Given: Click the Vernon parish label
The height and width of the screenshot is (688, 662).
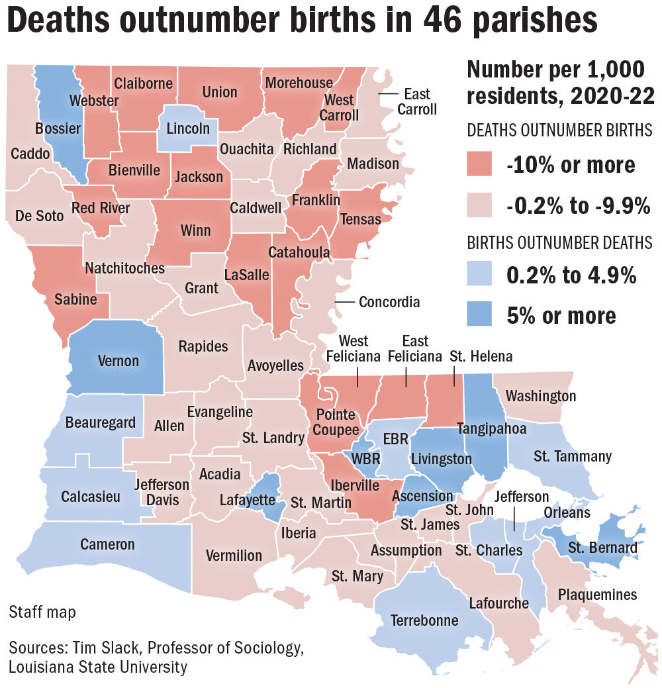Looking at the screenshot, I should tap(118, 361).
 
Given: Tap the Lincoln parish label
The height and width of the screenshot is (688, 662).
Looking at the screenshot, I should tap(188, 128).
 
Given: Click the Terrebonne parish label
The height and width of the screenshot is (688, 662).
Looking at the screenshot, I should tap(424, 620).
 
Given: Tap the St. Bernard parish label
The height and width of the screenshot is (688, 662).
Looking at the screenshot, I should tap(602, 548).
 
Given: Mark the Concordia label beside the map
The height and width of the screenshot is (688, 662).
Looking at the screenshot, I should tap(389, 302).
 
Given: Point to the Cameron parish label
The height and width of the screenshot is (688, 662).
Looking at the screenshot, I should tap(107, 544).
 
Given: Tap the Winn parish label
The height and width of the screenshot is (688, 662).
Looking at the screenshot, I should tap(195, 230).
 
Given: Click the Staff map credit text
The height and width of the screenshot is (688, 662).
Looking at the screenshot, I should tap(42, 612).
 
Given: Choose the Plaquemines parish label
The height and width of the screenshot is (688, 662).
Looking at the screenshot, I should tap(596, 595).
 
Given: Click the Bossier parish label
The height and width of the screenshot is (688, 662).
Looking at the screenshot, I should tap(58, 128).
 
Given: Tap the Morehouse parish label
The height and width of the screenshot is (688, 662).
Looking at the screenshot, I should tap(299, 83).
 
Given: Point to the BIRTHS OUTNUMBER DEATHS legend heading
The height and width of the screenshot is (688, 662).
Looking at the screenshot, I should tap(559, 244).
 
